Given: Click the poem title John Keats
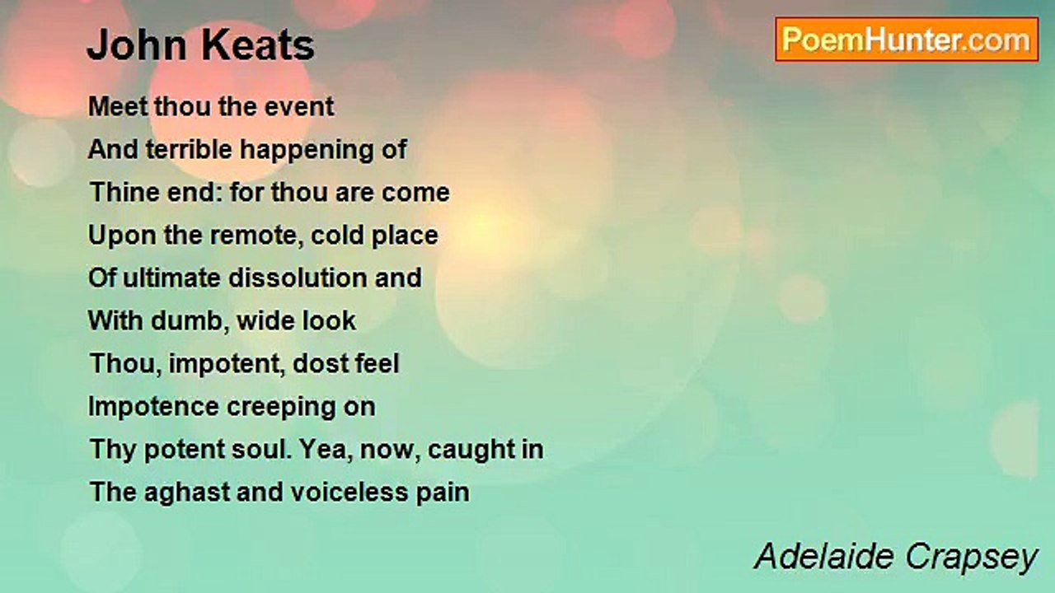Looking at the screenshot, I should [x=200, y=46].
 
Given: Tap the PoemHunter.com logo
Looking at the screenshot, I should [x=906, y=40].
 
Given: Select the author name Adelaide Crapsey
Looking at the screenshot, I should [x=895, y=557].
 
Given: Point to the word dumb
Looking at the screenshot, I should [x=186, y=321].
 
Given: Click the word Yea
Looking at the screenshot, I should [x=326, y=450].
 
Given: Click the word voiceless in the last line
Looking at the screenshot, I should [x=335, y=493].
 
